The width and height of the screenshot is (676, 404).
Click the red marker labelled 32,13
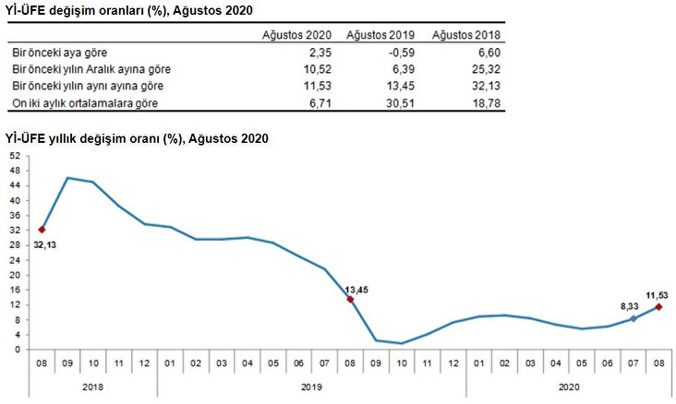coord(42,230)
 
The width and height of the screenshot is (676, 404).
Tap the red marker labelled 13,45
coord(350,299)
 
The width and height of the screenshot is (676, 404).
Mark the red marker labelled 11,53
coord(658,306)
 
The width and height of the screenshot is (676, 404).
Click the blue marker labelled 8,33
coord(633,318)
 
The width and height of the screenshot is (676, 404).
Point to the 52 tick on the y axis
coord(15,156)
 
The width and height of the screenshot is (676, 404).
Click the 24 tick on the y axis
coord(15,260)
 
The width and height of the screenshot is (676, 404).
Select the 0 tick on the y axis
coord(18,350)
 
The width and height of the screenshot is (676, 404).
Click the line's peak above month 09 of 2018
coord(68,177)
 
